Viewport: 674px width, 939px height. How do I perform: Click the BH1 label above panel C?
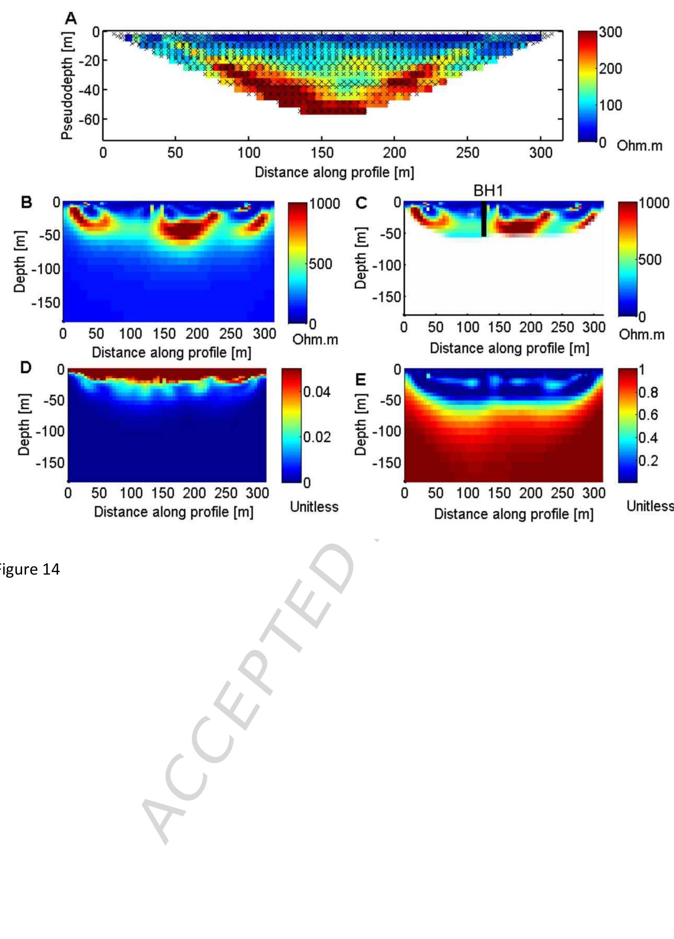(x=488, y=191)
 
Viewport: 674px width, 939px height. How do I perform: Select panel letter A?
(x=71, y=18)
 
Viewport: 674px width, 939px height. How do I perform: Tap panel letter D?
(x=26, y=367)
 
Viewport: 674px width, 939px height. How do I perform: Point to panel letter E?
(x=361, y=379)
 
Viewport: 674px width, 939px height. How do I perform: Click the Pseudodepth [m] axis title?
(x=67, y=86)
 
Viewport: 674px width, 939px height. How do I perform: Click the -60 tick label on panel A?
(x=90, y=120)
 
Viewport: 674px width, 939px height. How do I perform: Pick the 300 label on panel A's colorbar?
(x=610, y=32)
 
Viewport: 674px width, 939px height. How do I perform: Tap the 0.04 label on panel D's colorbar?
(x=317, y=392)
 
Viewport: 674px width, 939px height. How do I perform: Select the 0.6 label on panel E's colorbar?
(x=648, y=415)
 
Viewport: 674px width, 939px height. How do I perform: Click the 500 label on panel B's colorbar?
(x=321, y=264)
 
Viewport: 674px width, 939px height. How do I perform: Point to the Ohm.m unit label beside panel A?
(x=639, y=146)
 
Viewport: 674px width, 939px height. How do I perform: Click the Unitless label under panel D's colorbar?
(x=314, y=507)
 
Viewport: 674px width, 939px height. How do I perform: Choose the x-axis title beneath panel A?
(x=334, y=172)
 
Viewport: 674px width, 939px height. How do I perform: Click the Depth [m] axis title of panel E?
(x=360, y=425)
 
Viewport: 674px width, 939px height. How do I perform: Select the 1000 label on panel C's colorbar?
(x=654, y=203)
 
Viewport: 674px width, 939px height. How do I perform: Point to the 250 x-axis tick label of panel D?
(x=225, y=493)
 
